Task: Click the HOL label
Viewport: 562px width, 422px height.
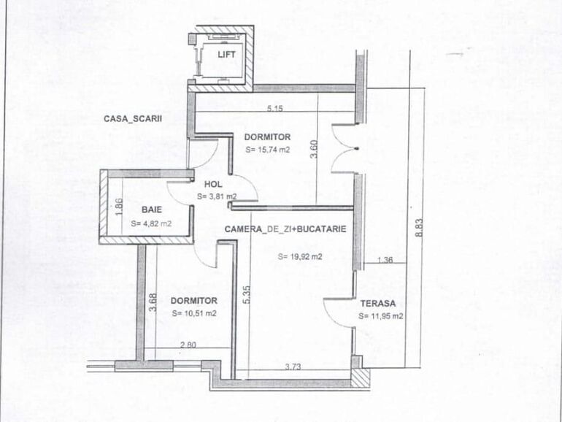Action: (x=212, y=185)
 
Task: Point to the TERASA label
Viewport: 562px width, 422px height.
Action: (x=377, y=303)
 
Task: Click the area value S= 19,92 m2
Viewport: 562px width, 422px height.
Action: (x=301, y=257)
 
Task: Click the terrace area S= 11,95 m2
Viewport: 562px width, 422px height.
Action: (x=381, y=316)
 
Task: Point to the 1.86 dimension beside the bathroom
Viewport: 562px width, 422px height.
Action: (x=118, y=207)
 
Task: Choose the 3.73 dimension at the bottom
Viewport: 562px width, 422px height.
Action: (x=293, y=367)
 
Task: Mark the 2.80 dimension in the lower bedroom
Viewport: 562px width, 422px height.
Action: (x=189, y=345)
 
